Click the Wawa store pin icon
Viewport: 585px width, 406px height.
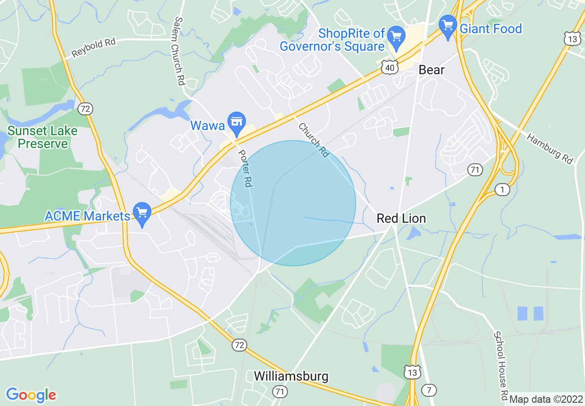point(237,122)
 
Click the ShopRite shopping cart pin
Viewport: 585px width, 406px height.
point(395,36)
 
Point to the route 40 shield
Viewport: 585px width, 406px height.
point(390,68)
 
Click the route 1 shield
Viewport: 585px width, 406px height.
point(502,189)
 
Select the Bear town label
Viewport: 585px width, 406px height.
point(431,70)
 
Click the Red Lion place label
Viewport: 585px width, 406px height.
point(401,218)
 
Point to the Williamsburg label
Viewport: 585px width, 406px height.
point(291,376)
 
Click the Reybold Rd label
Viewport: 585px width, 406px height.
point(94,48)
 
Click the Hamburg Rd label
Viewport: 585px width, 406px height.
point(550,149)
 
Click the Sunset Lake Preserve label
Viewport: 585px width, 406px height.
point(42,137)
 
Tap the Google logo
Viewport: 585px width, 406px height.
point(31,395)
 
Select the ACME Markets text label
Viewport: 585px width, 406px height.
point(87,216)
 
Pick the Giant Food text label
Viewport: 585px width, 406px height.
point(491,29)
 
